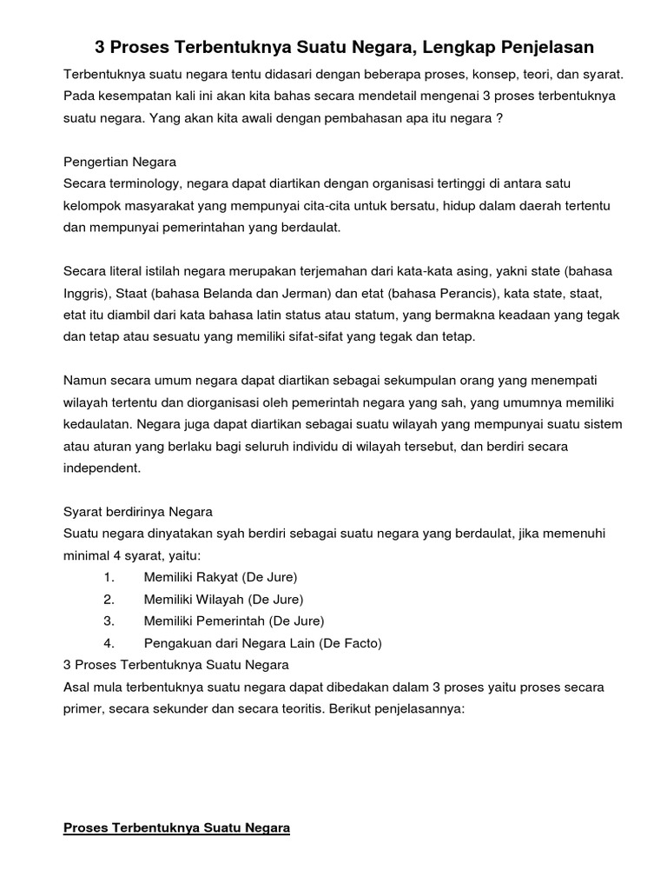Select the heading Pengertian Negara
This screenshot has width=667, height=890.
point(120,162)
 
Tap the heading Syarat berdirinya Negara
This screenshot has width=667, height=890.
point(138,511)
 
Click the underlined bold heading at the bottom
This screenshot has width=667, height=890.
point(176,828)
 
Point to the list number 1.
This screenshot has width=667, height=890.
point(109,577)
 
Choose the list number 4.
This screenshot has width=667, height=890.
point(109,643)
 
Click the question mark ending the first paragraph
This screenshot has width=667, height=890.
point(499,118)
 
